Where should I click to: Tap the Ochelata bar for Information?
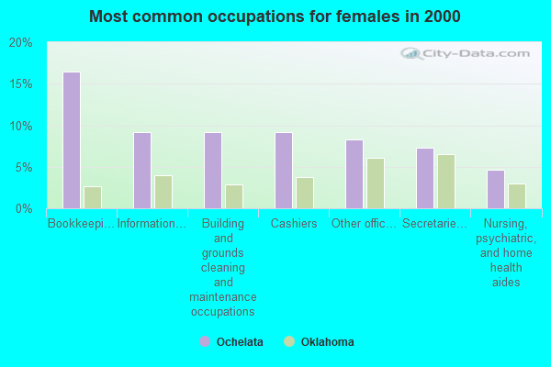[x=141, y=171]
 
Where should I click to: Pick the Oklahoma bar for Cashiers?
[x=304, y=193]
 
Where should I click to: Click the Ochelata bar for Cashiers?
[x=283, y=171]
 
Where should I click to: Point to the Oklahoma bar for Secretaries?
[x=445, y=182]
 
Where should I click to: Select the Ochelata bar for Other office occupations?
[x=354, y=174]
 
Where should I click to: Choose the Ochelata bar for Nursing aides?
[x=495, y=189]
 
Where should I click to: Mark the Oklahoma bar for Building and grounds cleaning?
[x=233, y=196]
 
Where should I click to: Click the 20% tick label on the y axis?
[x=20, y=43]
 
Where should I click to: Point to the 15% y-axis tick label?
[x=20, y=84]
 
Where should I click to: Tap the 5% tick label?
[x=23, y=167]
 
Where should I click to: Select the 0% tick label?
[x=23, y=208]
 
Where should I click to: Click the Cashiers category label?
[x=294, y=223]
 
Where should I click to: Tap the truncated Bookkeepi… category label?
[x=82, y=223]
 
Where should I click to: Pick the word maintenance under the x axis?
[x=223, y=297]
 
